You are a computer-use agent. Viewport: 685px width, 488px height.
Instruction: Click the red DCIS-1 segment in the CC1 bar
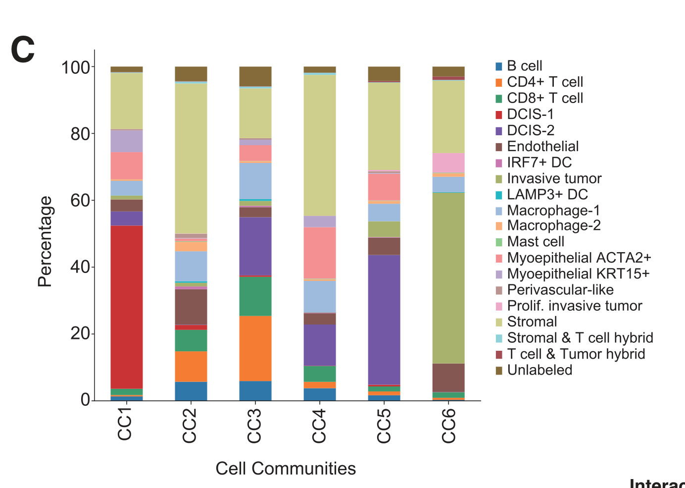[127, 307]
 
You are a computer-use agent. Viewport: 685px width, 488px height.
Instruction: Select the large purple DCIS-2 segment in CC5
[384, 320]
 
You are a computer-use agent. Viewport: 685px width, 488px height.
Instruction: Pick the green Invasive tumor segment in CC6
[448, 278]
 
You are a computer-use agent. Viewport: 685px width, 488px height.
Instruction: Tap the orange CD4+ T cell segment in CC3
[255, 348]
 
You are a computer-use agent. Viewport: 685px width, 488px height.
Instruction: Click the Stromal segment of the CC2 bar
[191, 159]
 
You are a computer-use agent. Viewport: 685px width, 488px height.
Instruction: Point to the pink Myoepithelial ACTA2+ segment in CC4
[320, 253]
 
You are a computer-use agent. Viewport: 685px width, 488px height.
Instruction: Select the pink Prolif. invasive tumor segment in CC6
[448, 163]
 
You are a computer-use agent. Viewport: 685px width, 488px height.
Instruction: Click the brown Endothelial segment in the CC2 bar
[191, 307]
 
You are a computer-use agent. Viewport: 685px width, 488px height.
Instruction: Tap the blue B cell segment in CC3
[255, 390]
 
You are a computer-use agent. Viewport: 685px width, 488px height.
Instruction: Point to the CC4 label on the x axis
[319, 426]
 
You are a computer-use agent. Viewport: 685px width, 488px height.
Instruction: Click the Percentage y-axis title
[45, 242]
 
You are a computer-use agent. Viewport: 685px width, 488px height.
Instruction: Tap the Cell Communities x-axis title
[286, 468]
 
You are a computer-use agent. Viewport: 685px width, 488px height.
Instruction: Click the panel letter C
[23, 50]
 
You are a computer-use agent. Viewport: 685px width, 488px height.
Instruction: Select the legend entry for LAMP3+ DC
[547, 195]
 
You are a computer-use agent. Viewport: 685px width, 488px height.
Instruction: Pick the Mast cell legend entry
[536, 242]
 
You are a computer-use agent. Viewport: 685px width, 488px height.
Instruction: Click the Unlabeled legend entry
[539, 370]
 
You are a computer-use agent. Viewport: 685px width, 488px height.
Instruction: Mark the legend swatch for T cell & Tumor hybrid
[499, 355]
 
